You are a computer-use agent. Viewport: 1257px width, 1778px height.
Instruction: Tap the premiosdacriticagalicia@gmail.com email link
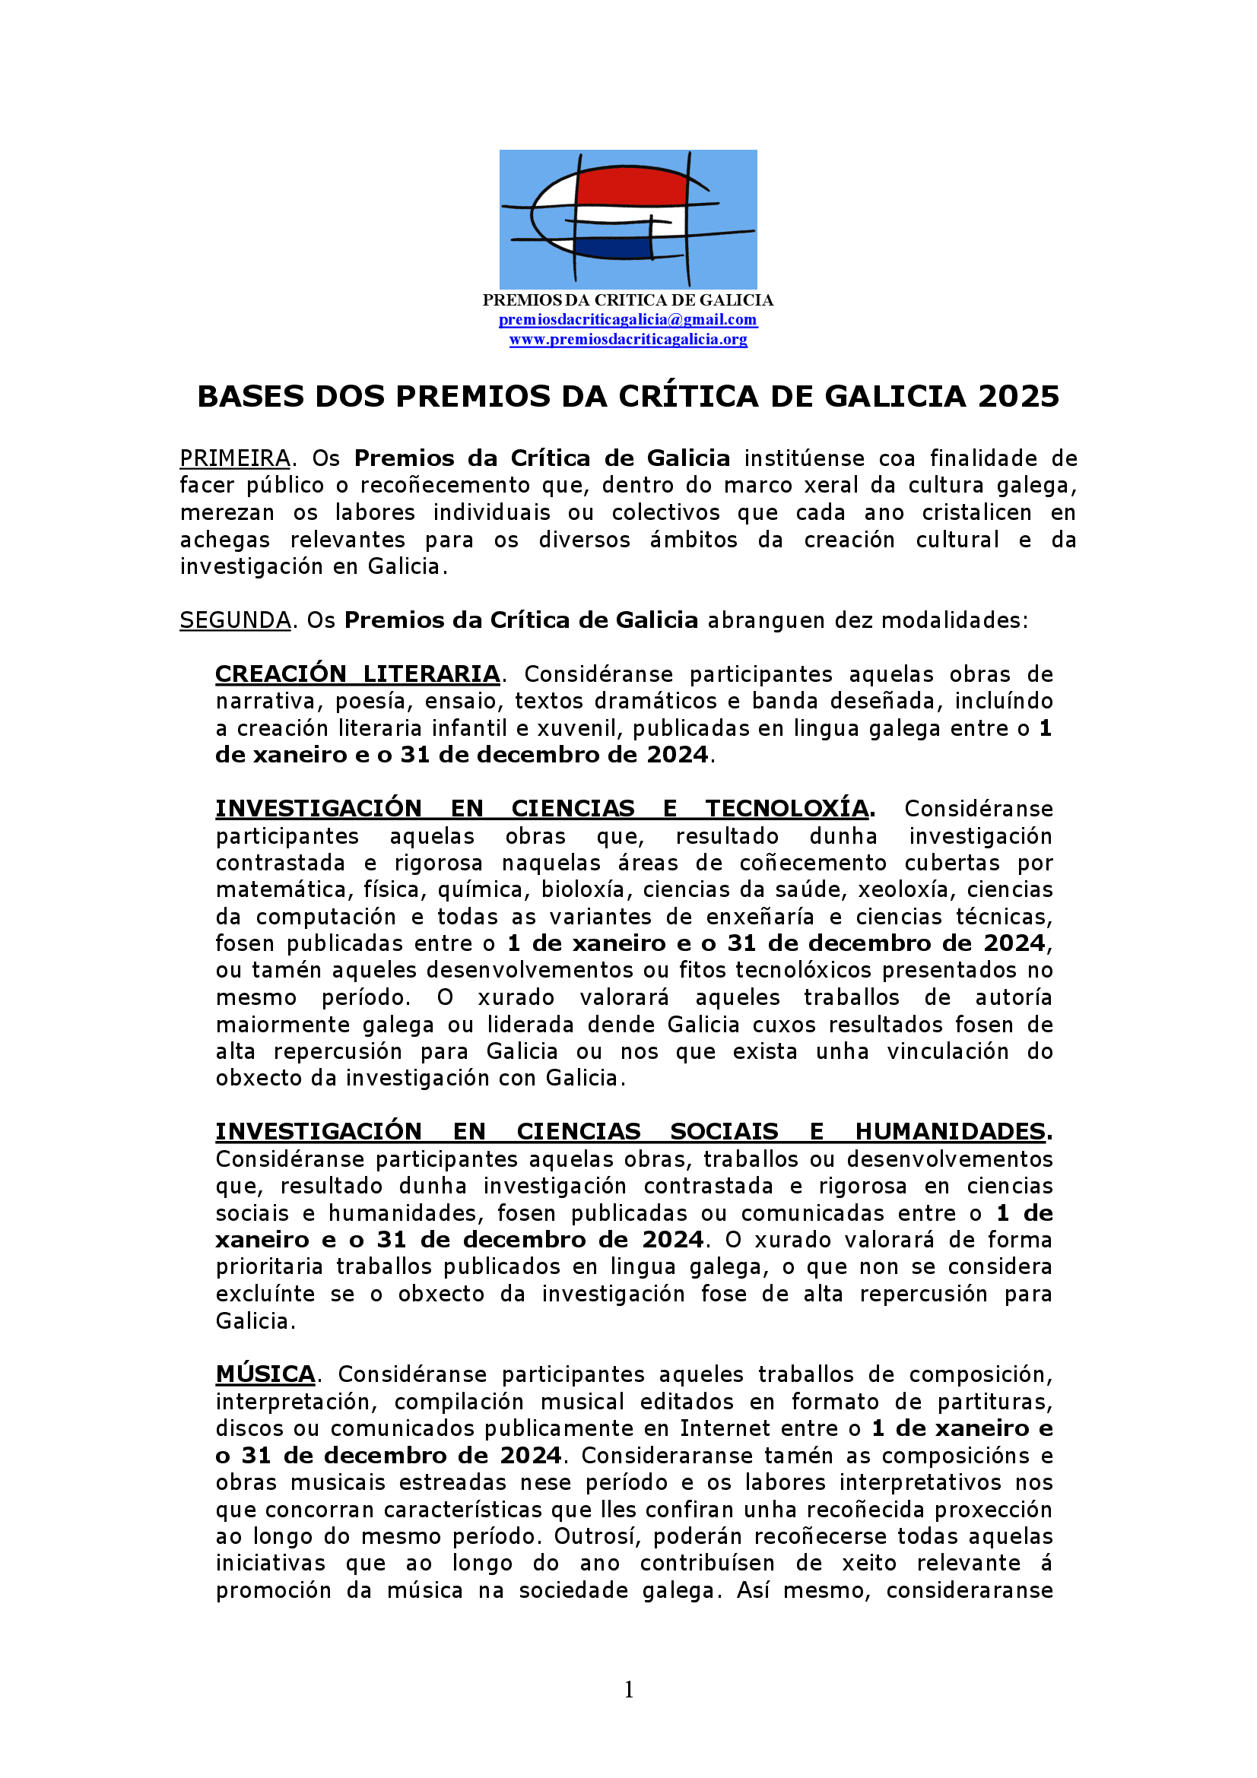coord(628,320)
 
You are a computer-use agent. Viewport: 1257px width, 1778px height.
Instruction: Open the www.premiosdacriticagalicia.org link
coord(628,339)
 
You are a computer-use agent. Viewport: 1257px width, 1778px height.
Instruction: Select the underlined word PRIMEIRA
coord(235,458)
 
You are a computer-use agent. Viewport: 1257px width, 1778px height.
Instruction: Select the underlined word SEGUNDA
coord(235,620)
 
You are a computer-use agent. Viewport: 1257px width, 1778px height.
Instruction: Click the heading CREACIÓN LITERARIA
coord(357,674)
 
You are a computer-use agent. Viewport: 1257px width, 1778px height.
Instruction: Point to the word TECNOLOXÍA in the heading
coord(786,809)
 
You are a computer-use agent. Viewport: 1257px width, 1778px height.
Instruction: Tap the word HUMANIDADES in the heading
coord(951,1131)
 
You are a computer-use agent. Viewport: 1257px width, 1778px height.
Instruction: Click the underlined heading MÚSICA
coord(265,1374)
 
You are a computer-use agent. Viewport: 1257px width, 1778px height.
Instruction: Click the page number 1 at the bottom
coord(629,1690)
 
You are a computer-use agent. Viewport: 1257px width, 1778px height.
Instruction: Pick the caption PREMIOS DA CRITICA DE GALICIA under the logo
coord(628,300)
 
